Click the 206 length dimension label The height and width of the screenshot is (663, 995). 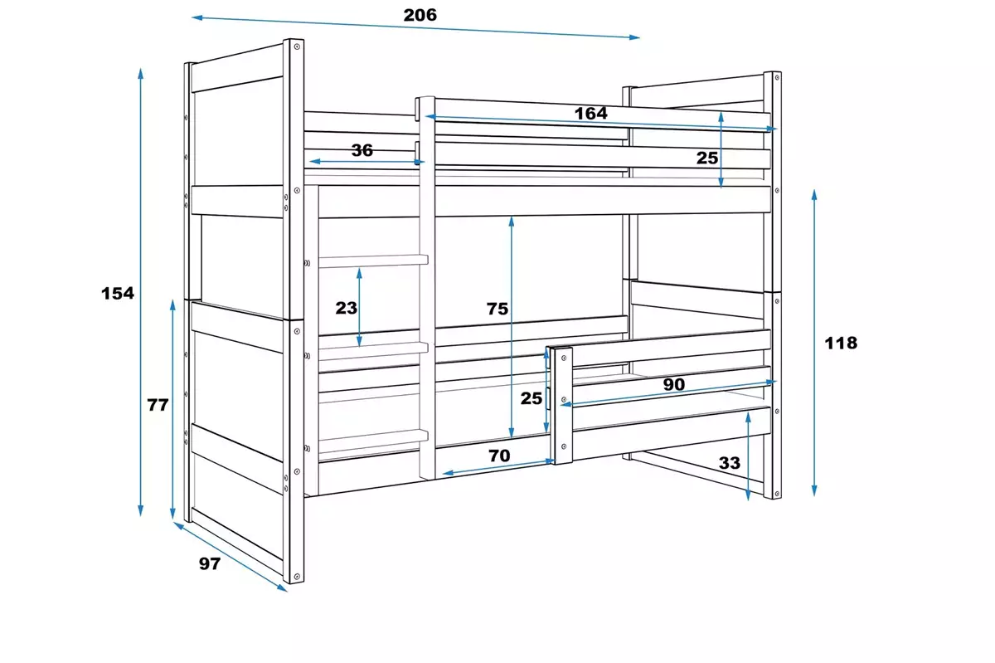click(x=420, y=15)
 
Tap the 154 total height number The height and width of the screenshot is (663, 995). click(x=117, y=293)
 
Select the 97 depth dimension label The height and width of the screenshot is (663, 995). click(x=210, y=563)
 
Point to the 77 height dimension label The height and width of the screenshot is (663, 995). click(x=158, y=405)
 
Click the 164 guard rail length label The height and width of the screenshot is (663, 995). click(x=590, y=113)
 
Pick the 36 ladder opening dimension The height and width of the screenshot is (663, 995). click(x=362, y=150)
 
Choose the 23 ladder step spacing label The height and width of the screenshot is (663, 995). click(x=346, y=308)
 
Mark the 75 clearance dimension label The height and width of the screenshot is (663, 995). click(x=498, y=309)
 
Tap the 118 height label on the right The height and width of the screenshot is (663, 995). click(x=842, y=342)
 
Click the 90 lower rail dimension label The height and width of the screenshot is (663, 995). click(x=673, y=384)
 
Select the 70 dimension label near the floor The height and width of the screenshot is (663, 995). click(x=499, y=455)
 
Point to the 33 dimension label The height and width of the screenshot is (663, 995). click(x=729, y=463)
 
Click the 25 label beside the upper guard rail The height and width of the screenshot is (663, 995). click(x=706, y=158)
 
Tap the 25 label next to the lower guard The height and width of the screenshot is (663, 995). click(x=531, y=397)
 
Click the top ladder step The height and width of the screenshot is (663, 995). click(x=372, y=261)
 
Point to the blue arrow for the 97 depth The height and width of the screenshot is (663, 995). click(x=230, y=556)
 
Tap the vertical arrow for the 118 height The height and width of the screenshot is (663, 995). click(x=814, y=342)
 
